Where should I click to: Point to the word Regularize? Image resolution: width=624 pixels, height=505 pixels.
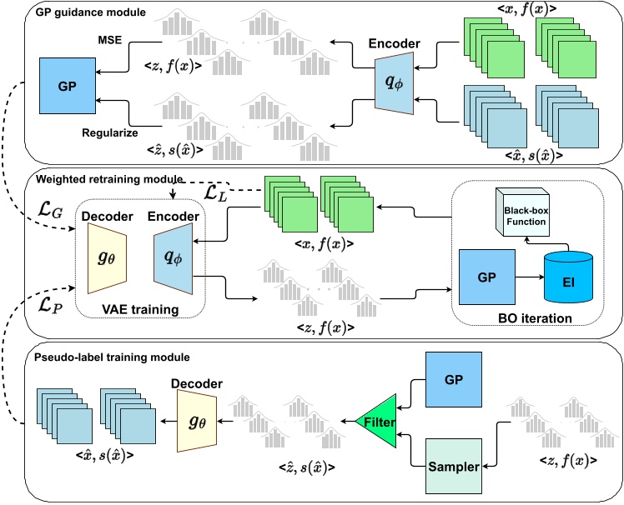click(x=108, y=132)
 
